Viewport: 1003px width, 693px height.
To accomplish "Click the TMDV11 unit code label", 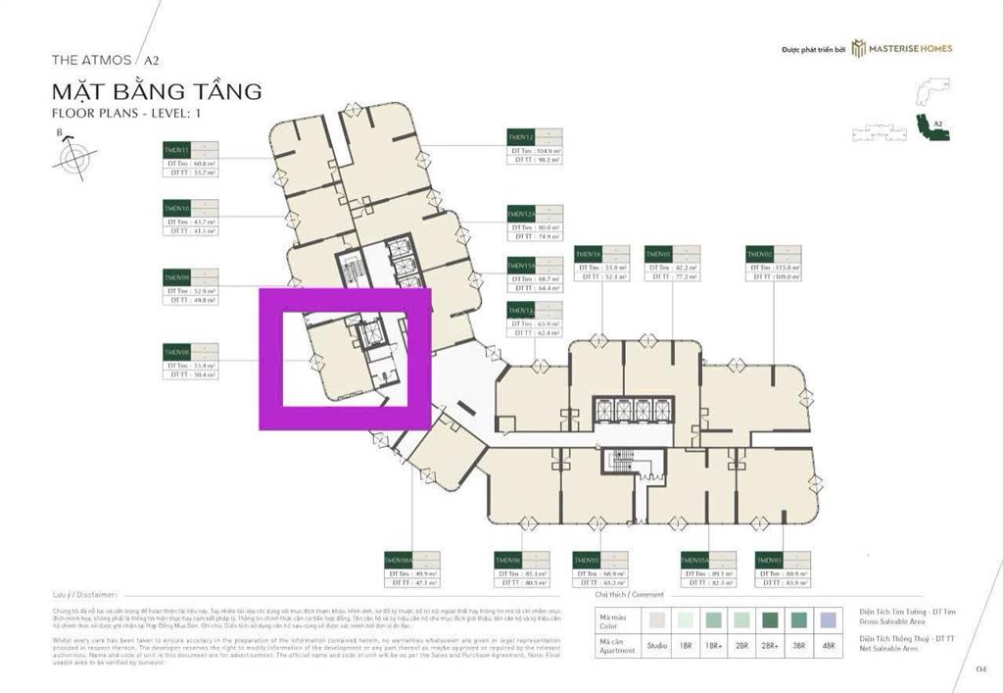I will pyautogui.click(x=177, y=149).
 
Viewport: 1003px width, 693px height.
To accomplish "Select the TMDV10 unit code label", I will pyautogui.click(x=177, y=209).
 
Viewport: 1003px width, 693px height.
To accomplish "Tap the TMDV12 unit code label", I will pyautogui.click(x=520, y=136).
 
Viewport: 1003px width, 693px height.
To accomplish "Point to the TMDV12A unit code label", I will pyautogui.click(x=521, y=214).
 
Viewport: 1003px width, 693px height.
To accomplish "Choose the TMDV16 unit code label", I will pyautogui.click(x=588, y=254).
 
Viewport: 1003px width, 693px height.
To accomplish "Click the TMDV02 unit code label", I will pyautogui.click(x=760, y=254).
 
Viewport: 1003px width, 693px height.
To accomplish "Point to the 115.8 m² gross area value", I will pyautogui.click(x=786, y=268).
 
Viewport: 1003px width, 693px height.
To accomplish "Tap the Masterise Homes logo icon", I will pyautogui.click(x=858, y=48).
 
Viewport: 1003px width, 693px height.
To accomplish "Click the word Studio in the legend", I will pyautogui.click(x=656, y=647).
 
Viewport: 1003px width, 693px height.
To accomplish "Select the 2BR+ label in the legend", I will pyautogui.click(x=775, y=647).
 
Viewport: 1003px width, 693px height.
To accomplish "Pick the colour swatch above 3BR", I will pyautogui.click(x=801, y=619).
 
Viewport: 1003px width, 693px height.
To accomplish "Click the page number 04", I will pyautogui.click(x=980, y=668).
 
